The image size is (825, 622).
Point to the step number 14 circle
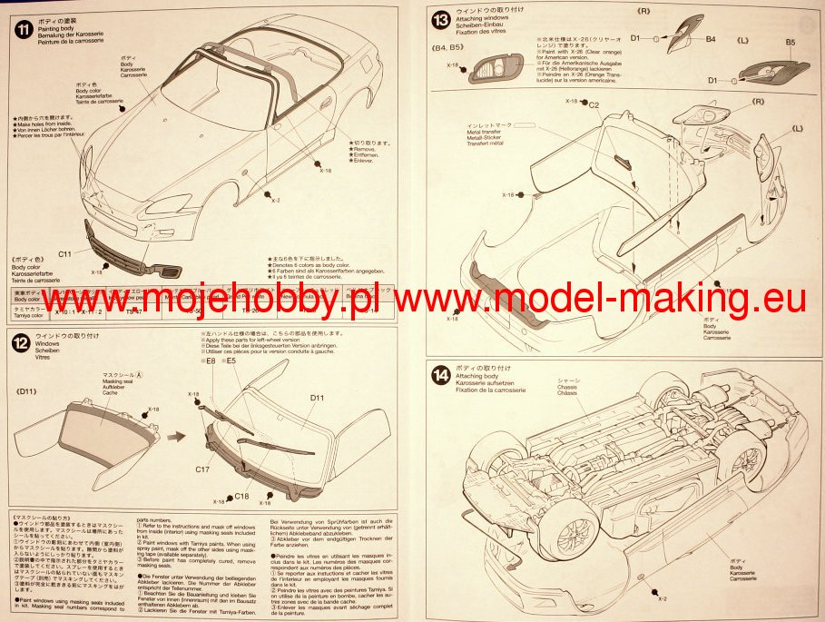[440, 374]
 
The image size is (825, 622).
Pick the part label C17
[204, 470]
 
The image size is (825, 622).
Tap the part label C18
[241, 497]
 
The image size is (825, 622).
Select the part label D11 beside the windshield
[317, 398]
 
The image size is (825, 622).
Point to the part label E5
[232, 360]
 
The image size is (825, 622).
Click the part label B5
[790, 43]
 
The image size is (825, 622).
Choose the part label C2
[594, 105]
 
